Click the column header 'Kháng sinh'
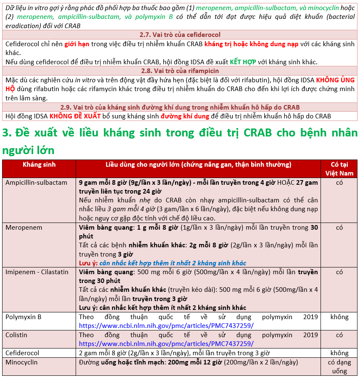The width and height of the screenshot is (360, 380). (x=39, y=165)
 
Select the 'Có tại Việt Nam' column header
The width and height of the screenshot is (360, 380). (x=339, y=168)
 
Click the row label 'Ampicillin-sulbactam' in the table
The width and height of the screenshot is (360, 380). (x=36, y=183)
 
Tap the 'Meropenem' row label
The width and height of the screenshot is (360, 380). (x=24, y=227)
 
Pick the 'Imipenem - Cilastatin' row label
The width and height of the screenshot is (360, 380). (x=37, y=272)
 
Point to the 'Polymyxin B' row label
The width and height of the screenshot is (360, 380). (x=24, y=317)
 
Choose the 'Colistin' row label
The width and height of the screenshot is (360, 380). (x=16, y=335)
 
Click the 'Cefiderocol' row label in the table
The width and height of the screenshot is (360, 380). (x=22, y=353)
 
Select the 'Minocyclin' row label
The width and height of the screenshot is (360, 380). (x=21, y=362)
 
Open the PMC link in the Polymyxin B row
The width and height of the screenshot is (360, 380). (x=166, y=325)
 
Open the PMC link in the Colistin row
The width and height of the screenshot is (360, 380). (x=166, y=343)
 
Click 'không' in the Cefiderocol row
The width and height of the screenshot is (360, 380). (x=339, y=353)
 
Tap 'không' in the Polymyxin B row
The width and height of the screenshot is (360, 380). (x=339, y=317)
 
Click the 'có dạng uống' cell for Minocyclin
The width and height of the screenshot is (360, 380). (x=339, y=366)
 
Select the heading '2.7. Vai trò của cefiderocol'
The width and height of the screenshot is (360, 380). (x=180, y=35)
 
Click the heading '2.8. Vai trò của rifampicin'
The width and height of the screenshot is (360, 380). (x=180, y=71)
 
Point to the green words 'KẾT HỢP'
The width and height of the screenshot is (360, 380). (x=243, y=62)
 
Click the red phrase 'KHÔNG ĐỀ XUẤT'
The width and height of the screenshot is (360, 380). (x=75, y=116)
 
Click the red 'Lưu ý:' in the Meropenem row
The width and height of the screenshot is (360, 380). (x=88, y=263)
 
